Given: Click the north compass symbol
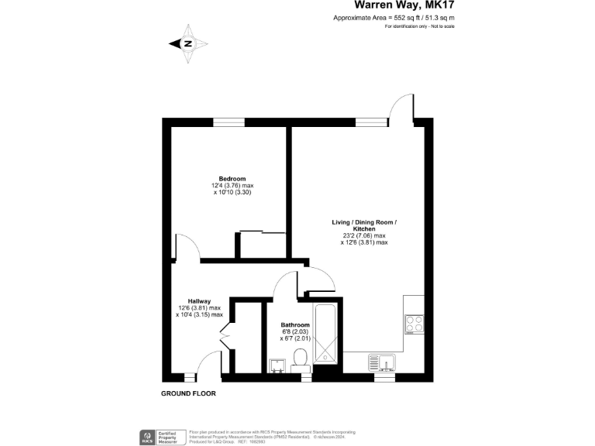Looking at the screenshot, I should (x=188, y=44).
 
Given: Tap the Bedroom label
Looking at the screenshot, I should (x=232, y=178).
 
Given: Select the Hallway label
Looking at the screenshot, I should (x=199, y=301).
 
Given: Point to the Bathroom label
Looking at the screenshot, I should (x=295, y=325).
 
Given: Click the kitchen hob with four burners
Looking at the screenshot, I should (x=414, y=324).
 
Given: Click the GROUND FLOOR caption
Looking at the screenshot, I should (x=188, y=393).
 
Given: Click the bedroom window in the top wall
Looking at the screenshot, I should (x=225, y=120).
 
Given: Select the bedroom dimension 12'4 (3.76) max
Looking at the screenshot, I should (x=232, y=186).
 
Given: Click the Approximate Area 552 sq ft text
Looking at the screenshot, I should (x=394, y=18).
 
